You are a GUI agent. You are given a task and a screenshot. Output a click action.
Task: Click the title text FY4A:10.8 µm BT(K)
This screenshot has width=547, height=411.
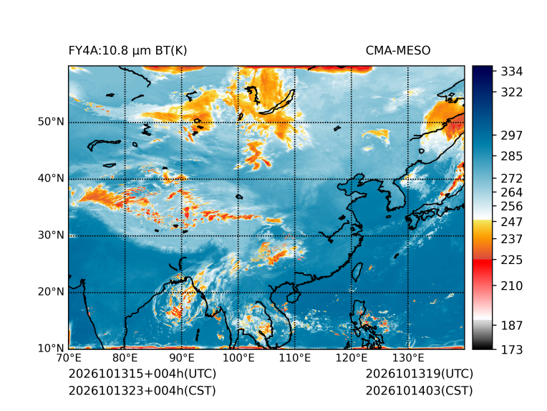coord(127,51)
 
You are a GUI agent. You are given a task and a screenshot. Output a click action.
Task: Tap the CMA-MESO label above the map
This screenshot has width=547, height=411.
coord(398,51)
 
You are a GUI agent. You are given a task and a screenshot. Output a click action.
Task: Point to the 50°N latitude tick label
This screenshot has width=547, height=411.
coord(51,122)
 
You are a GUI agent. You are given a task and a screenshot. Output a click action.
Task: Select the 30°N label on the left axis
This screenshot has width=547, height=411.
coord(51,235)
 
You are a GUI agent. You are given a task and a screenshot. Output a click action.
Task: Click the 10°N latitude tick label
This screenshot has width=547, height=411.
coord(51,348)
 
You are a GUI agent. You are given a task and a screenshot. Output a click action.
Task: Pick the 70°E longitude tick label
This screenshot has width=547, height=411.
coord(69,358)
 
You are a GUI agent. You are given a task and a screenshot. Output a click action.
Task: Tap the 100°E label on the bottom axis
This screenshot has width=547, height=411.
coord(238,358)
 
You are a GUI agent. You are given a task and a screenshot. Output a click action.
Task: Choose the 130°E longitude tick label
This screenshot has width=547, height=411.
coord(408,358)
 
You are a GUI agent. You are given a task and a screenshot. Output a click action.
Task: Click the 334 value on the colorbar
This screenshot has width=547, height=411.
coord(512,72)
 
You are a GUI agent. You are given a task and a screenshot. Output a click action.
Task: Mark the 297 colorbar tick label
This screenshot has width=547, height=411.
coord(512,136)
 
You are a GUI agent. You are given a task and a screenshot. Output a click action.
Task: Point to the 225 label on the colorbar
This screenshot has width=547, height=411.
coord(512,260)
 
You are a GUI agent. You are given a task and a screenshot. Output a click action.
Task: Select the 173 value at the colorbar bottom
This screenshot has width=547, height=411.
coord(512,349)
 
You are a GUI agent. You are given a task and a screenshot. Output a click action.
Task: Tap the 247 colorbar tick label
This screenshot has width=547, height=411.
coord(512,222)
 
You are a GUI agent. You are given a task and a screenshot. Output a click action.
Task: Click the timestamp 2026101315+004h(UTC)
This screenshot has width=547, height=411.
coord(142,374)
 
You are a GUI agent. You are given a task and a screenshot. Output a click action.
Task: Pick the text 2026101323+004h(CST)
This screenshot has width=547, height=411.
coord(142,391)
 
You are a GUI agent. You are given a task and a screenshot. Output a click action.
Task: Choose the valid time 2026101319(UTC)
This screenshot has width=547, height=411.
coord(420,374)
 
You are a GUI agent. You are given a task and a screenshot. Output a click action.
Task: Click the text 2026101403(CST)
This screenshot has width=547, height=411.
coord(420,391)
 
